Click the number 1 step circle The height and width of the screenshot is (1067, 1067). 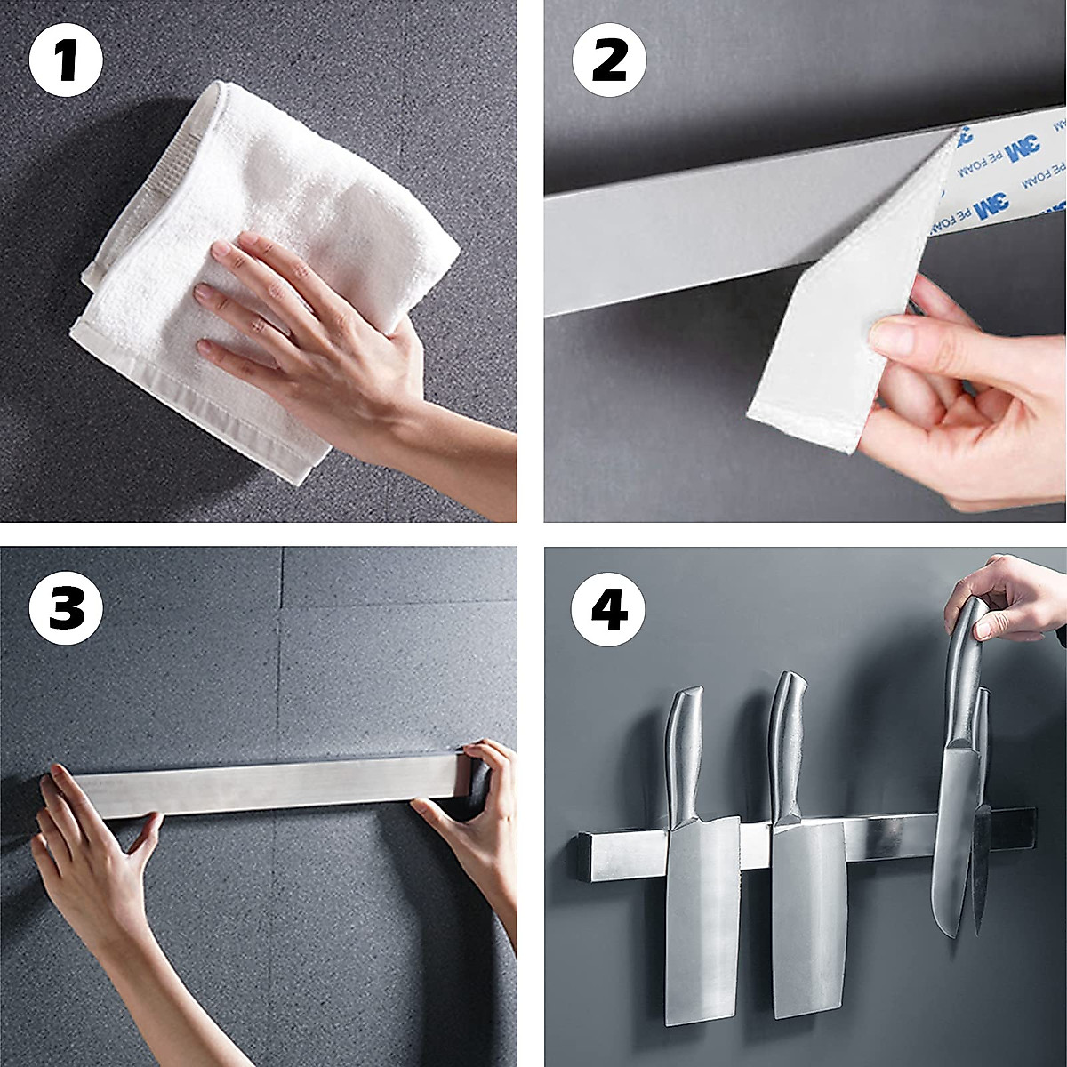[66, 61]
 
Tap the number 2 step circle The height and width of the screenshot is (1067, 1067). [610, 61]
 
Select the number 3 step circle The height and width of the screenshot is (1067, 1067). [66, 609]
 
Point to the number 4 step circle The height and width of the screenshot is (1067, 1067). [610, 609]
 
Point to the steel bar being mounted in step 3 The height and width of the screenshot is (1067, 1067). [267, 787]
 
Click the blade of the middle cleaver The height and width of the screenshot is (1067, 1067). [807, 907]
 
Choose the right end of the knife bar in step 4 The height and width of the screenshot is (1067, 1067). [1023, 827]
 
